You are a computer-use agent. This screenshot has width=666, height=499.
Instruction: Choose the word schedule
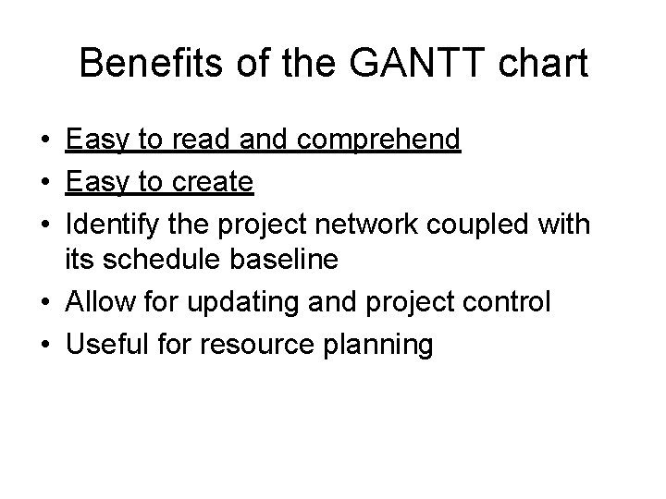click(159, 260)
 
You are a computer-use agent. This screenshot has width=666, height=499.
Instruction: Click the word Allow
click(98, 302)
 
